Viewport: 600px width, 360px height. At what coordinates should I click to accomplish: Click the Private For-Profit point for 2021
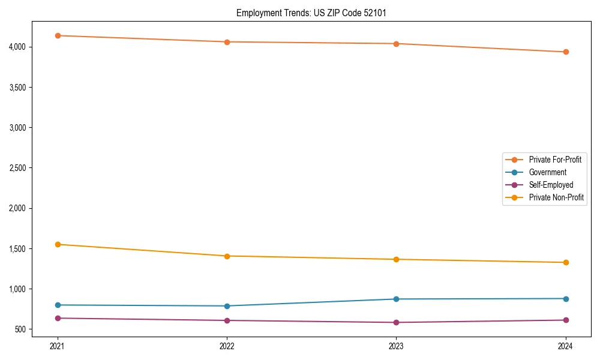click(x=58, y=35)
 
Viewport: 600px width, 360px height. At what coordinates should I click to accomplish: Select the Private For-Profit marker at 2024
click(x=566, y=52)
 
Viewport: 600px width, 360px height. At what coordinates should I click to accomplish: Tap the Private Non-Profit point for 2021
click(x=58, y=244)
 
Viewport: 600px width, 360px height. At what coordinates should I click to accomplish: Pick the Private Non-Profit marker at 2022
click(x=227, y=256)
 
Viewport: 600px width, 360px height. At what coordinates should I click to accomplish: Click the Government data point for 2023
click(x=396, y=299)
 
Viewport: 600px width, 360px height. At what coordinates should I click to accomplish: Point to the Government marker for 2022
click(x=227, y=306)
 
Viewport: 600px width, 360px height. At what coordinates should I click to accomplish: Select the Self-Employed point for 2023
click(x=396, y=322)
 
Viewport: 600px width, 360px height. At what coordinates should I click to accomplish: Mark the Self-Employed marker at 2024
click(x=566, y=320)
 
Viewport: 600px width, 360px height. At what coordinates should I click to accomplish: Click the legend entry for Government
click(x=547, y=172)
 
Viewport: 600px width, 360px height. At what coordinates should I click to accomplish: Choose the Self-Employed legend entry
click(x=551, y=185)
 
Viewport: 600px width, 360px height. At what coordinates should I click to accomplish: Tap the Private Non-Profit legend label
click(x=556, y=197)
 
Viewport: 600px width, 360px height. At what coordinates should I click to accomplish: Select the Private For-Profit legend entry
click(x=555, y=160)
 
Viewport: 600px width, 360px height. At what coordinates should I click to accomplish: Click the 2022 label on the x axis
click(x=227, y=346)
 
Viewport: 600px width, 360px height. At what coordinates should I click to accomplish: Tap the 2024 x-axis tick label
click(x=566, y=346)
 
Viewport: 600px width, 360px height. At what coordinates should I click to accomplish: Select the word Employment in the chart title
click(x=257, y=13)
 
